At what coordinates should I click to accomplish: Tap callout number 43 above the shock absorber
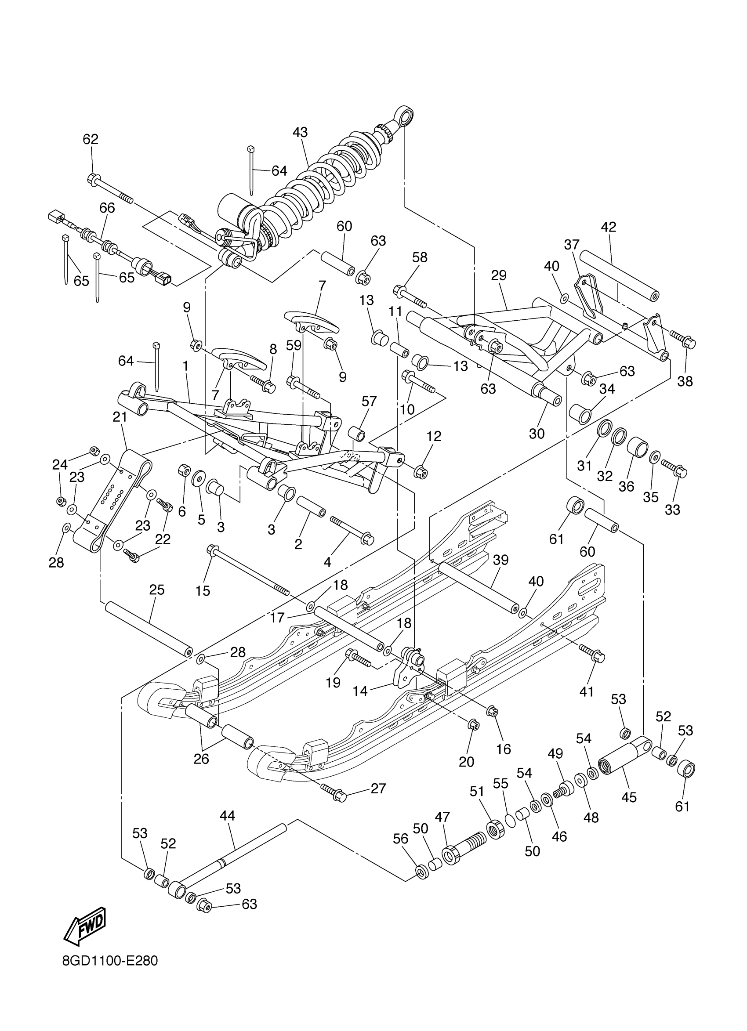pos(300,132)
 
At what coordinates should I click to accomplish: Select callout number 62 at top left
pos(91,139)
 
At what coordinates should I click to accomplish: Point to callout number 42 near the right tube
pos(608,227)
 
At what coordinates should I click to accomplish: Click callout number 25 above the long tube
pos(157,590)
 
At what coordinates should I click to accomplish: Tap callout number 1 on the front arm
pos(185,366)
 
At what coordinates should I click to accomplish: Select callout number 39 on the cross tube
pos(500,560)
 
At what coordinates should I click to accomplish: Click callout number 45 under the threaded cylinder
pos(629,797)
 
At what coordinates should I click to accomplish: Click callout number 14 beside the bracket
pos(360,691)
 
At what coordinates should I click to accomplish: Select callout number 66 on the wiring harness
pos(107,208)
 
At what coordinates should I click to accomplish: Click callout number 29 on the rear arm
pos(499,275)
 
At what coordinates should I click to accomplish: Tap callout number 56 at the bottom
pos(401,839)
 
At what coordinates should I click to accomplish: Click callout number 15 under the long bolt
pos(203,590)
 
